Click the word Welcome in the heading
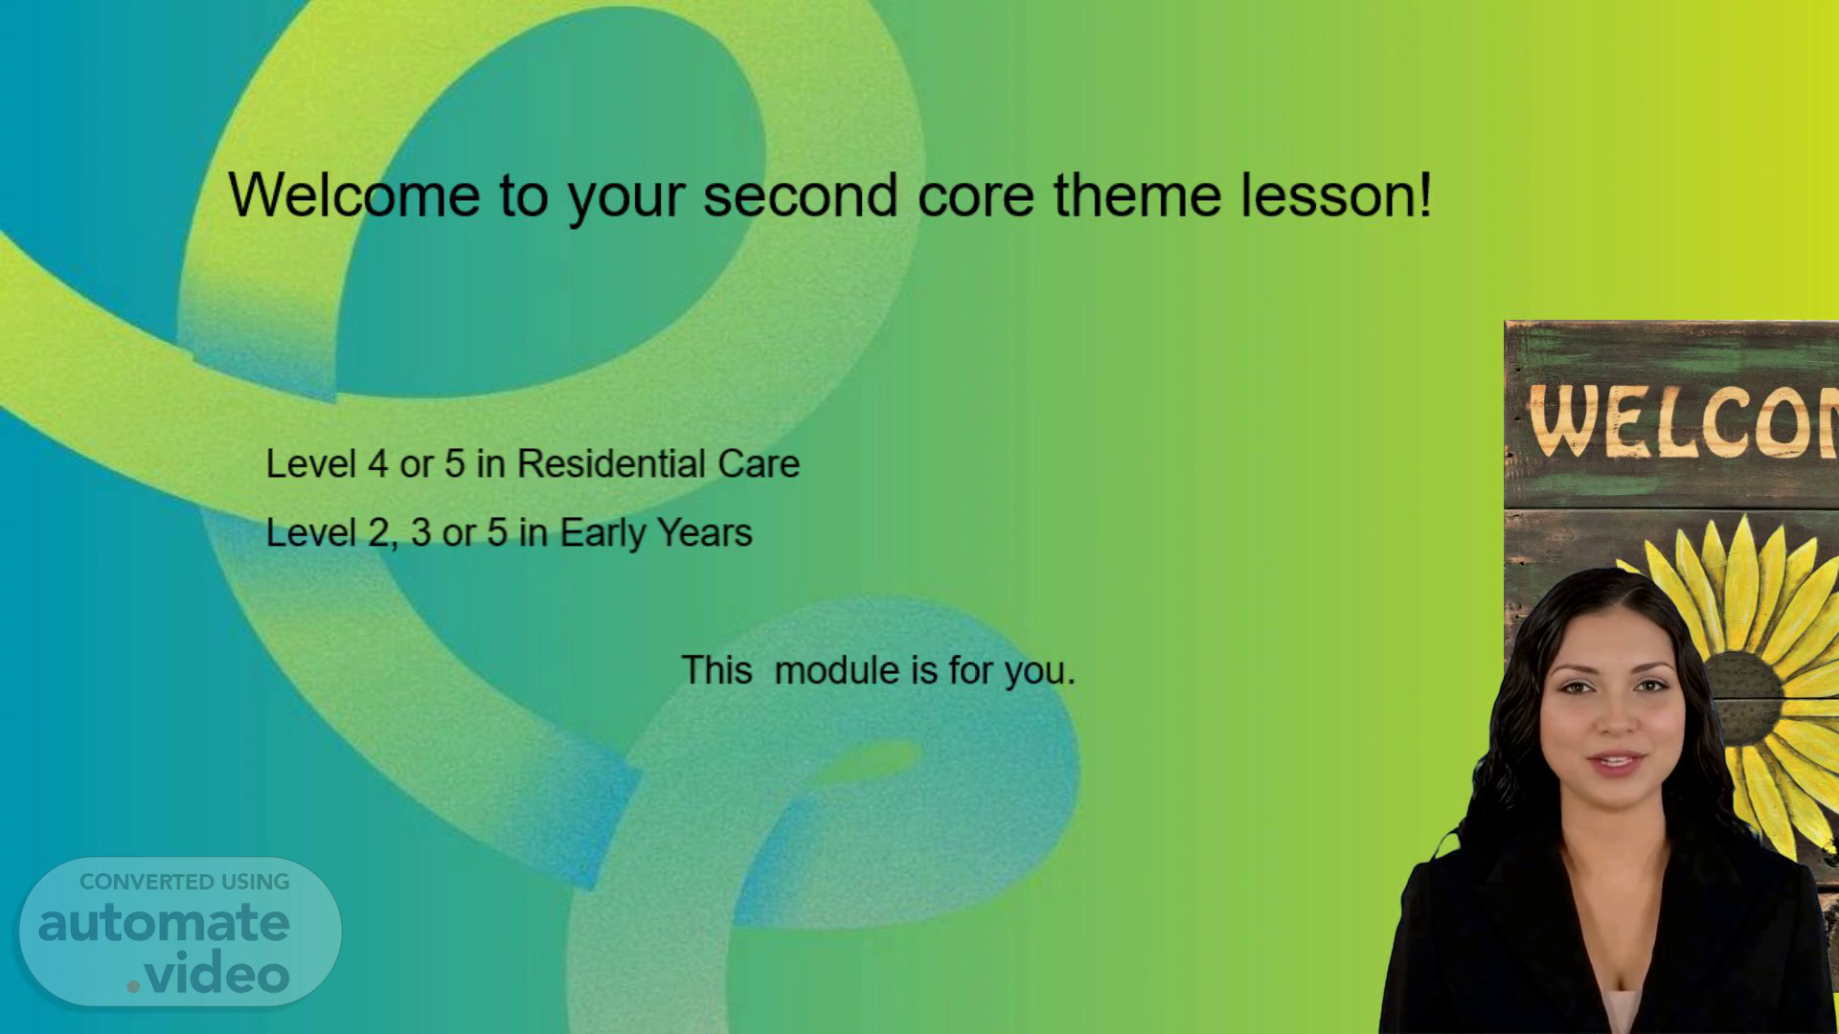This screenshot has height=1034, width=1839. (x=354, y=194)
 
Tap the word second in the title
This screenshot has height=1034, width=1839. (x=800, y=194)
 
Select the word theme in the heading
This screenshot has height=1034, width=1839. (x=1137, y=194)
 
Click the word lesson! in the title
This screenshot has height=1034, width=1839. (x=1336, y=194)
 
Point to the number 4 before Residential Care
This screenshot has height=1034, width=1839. (x=378, y=463)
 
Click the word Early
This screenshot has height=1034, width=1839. (x=602, y=533)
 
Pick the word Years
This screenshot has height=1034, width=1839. (x=704, y=532)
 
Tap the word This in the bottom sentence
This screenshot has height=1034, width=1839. (x=716, y=670)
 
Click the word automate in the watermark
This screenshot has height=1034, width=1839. (x=164, y=923)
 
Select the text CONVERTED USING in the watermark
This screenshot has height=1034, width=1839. (x=185, y=882)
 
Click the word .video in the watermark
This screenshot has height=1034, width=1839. (x=208, y=974)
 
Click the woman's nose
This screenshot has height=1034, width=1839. (x=1615, y=723)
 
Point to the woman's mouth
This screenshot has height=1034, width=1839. (x=1614, y=763)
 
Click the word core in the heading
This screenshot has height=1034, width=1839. (x=976, y=194)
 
